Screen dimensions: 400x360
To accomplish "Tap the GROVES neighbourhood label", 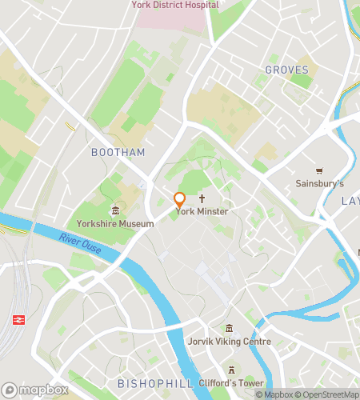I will (x=286, y=70).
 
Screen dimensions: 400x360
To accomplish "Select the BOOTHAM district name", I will (x=118, y=152).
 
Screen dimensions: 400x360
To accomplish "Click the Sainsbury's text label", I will (x=319, y=183).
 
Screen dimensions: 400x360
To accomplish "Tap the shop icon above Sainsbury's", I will (x=319, y=170).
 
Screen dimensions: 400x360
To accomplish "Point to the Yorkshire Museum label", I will (x=115, y=224).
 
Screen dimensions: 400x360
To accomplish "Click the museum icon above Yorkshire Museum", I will (x=115, y=211).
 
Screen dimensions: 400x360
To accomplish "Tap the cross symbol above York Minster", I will (x=202, y=198).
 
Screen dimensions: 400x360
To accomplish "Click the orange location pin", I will (x=180, y=201).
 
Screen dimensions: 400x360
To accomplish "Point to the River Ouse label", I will (x=80, y=243).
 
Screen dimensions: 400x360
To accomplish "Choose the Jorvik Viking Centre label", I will (x=230, y=342).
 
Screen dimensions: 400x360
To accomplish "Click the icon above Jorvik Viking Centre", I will (x=230, y=329).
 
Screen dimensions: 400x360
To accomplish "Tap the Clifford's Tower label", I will (x=231, y=383).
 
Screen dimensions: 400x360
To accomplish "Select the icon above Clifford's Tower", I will (x=231, y=370).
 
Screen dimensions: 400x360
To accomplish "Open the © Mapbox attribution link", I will (x=273, y=394).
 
